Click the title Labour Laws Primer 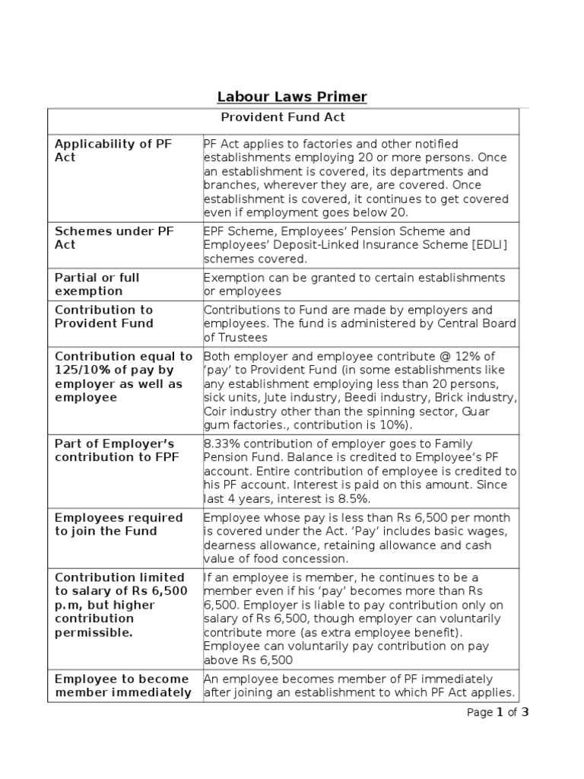tap(292, 97)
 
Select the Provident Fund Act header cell tap(283, 117)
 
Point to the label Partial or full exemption tap(97, 284)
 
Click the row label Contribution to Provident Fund tap(104, 316)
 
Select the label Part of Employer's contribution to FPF tap(115, 450)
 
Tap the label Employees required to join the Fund tap(119, 524)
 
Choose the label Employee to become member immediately tap(123, 685)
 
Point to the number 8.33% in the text tap(222, 444)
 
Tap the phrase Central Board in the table tap(478, 323)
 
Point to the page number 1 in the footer tap(500, 712)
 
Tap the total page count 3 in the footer tap(525, 712)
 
